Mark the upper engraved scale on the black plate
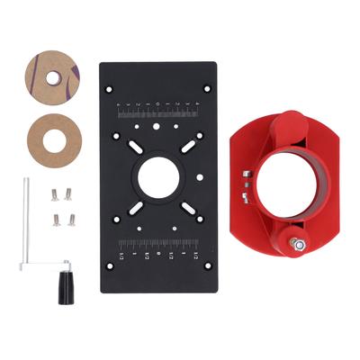[159, 110]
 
